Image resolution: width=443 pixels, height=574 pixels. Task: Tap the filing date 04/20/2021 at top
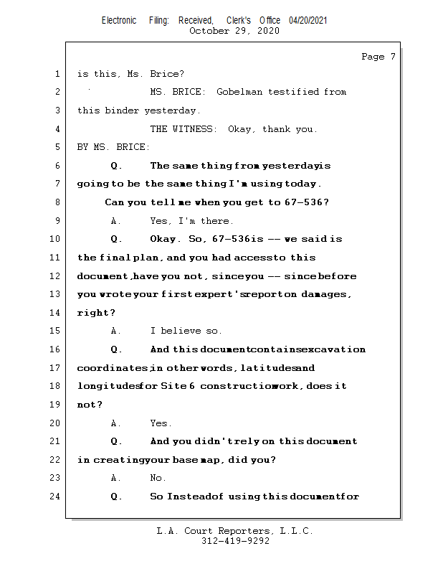coord(308,20)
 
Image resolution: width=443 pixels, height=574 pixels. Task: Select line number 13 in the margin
coord(56,294)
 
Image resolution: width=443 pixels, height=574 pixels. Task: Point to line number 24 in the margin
coord(56,497)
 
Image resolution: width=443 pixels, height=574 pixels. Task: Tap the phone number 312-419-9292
coord(235,541)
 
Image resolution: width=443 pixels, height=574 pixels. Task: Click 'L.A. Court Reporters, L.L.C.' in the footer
coord(235,531)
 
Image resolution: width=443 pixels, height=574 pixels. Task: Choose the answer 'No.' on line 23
coord(158,478)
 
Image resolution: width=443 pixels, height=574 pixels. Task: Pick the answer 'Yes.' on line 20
coord(161,423)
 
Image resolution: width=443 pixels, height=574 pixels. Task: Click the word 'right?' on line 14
coord(95,314)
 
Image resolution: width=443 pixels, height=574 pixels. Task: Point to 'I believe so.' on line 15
coord(186,331)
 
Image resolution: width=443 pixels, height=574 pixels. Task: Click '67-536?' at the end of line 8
coord(308,202)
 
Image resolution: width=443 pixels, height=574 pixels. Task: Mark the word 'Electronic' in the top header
coord(119,20)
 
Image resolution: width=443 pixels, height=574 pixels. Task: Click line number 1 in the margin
coord(56,74)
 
